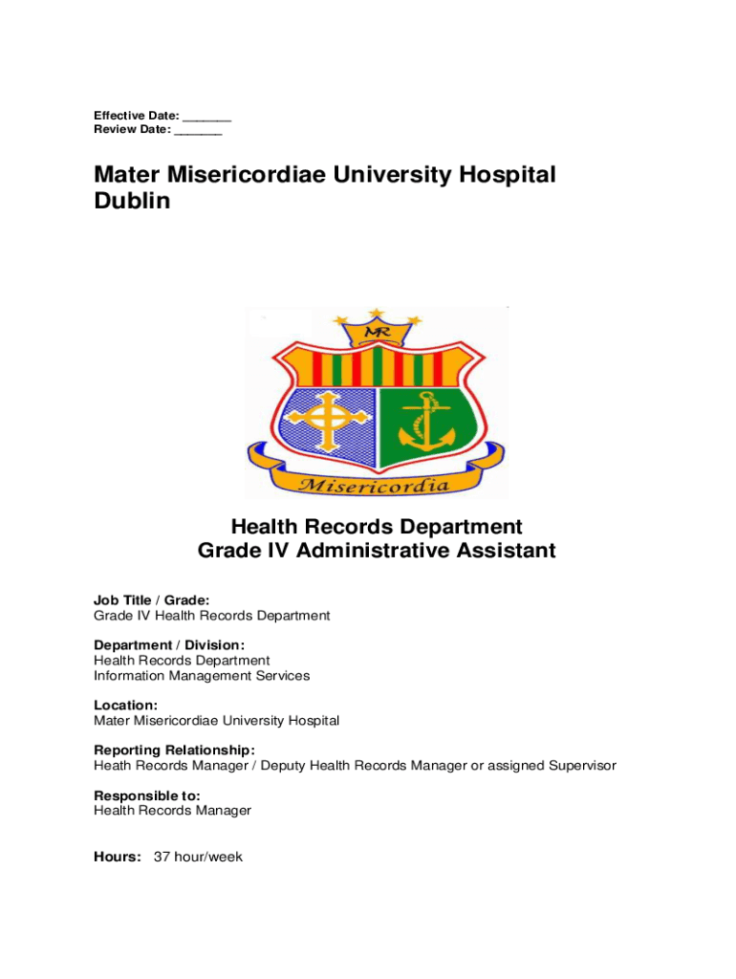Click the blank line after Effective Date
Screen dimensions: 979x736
(x=207, y=119)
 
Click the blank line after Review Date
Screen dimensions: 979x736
(x=198, y=133)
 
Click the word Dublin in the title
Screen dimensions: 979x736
(x=132, y=202)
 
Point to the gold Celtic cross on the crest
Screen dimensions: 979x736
(x=328, y=422)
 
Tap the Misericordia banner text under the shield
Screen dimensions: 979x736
(x=375, y=486)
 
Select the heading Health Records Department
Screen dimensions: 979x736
(x=376, y=527)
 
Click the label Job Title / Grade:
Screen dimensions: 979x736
(x=152, y=600)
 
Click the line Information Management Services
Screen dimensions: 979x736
(x=202, y=676)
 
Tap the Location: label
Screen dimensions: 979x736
(x=126, y=706)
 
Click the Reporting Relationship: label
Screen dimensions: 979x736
(x=174, y=751)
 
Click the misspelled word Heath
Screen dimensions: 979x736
(x=112, y=766)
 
